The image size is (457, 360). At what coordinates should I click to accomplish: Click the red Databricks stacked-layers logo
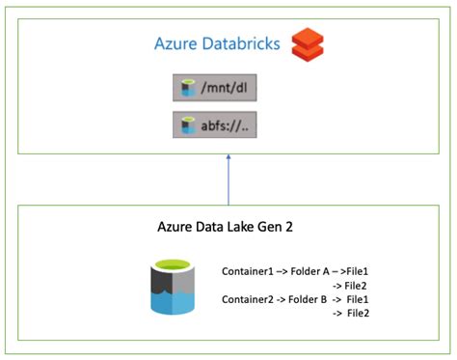point(309,42)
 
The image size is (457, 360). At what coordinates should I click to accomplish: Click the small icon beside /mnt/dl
point(189,91)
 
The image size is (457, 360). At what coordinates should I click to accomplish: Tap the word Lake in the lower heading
point(248,229)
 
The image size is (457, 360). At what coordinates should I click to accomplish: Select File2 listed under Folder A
point(357,286)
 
